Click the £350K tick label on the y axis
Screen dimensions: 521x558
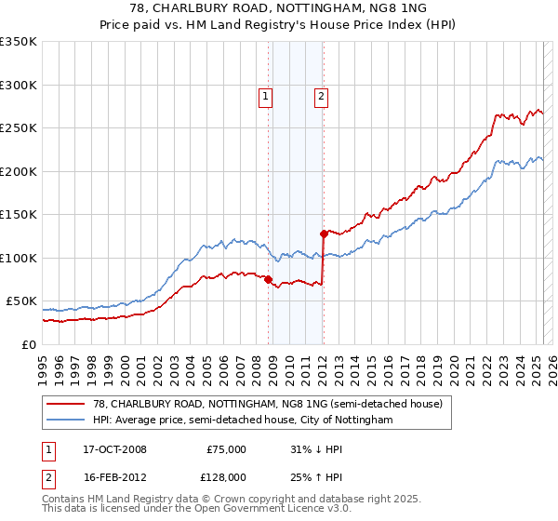[19, 42]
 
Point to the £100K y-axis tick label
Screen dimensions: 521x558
[19, 258]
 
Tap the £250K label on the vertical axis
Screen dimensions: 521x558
[19, 128]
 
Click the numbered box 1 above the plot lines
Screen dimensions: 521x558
[265, 95]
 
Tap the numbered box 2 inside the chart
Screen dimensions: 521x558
[321, 95]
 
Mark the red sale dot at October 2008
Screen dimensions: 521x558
[268, 279]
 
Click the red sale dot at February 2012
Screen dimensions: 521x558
[323, 234]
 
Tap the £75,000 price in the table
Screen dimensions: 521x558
[225, 449]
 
